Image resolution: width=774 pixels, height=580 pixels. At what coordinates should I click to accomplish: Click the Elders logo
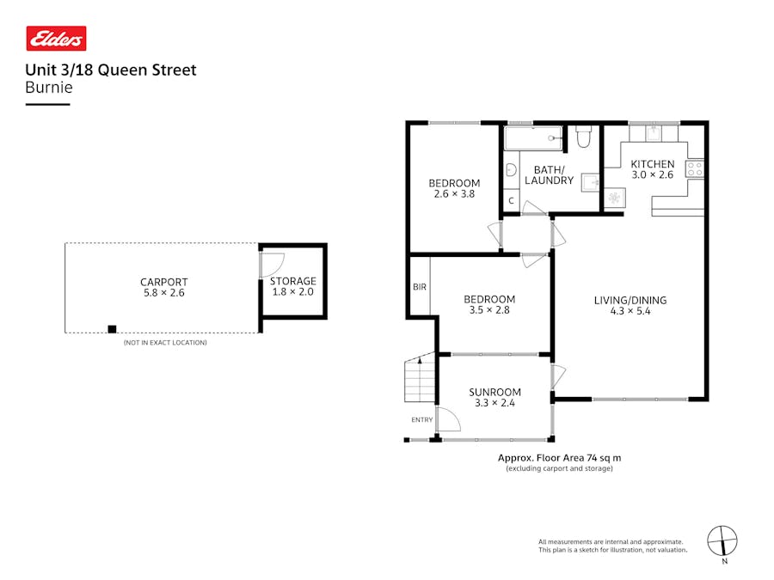click(56, 38)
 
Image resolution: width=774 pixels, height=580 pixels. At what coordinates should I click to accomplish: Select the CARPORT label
click(163, 282)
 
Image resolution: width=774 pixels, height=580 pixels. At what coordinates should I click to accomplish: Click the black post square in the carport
click(112, 328)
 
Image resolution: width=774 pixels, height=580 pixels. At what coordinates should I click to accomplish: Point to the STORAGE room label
click(293, 281)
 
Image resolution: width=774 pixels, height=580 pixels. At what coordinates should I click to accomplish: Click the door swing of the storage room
click(271, 266)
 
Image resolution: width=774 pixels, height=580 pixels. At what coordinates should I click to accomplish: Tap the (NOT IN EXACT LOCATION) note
click(164, 343)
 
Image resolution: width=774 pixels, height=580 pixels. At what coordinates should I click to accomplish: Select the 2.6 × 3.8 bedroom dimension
click(454, 194)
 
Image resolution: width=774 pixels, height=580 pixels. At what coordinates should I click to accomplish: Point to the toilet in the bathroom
click(583, 137)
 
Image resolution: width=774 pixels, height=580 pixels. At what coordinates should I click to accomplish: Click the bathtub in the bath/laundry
click(533, 137)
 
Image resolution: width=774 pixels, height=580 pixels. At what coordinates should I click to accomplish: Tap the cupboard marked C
click(511, 201)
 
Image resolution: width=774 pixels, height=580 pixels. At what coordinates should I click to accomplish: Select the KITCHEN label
click(653, 164)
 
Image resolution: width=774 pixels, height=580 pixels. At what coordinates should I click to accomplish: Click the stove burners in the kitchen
click(695, 169)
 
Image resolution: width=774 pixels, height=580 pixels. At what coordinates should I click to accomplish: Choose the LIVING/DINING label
click(630, 300)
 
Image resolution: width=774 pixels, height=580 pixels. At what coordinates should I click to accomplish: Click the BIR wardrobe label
click(420, 287)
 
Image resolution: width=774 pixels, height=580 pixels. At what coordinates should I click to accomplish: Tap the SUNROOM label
click(494, 392)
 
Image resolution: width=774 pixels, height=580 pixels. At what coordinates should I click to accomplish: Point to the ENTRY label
click(422, 419)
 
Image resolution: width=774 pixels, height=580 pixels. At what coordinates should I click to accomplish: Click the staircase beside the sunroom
click(420, 378)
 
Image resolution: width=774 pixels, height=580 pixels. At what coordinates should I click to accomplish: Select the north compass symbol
click(722, 540)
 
